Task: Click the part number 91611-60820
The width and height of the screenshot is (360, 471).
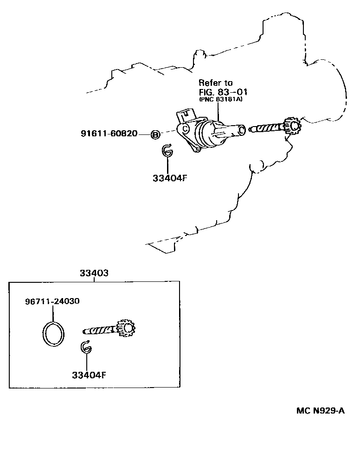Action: pos(109,134)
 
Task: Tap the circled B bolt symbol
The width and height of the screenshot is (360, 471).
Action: pos(155,134)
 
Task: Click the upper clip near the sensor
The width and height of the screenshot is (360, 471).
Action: pos(167,151)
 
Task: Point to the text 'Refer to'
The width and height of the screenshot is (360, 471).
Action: pos(216,83)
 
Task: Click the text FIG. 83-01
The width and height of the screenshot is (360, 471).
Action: pos(222,91)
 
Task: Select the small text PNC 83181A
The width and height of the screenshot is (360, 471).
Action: pos(220,99)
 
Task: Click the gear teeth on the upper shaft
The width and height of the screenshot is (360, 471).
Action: pos(292,126)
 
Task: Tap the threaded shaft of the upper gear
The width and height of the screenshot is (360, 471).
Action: pos(267,127)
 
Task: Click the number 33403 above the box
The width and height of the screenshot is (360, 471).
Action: pos(94,273)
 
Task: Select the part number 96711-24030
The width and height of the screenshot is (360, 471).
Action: pos(52,301)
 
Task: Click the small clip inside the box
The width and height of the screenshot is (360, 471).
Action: pos(86,347)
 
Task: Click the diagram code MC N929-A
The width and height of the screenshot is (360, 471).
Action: pos(321,410)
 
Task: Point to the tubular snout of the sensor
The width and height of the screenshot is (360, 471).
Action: pos(234,132)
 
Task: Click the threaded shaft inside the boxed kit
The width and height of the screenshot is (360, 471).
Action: pos(100,331)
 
